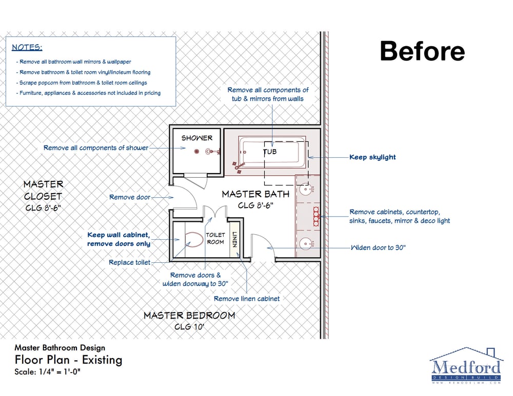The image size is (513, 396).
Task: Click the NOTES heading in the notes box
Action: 27,47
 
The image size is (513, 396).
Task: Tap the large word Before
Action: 422,51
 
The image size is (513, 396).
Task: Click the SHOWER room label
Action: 197,138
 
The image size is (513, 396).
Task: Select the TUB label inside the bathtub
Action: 270,152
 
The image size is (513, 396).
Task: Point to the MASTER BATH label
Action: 255,194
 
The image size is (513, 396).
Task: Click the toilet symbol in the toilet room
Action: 194,239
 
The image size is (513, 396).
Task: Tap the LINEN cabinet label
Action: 234,239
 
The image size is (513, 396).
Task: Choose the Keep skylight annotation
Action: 372,157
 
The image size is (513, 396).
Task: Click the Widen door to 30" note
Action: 378,247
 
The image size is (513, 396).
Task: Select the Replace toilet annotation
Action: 130,262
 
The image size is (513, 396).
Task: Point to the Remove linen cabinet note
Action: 247,299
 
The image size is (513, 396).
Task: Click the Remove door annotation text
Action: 130,197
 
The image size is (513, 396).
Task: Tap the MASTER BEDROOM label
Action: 189,316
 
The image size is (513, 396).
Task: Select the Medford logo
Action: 466,366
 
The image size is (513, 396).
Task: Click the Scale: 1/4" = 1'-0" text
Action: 47,372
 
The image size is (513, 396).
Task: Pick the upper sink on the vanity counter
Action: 306,189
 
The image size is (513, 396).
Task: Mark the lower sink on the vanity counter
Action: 306,244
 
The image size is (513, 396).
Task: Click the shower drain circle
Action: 196,151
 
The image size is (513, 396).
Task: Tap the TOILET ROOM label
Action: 215,239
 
